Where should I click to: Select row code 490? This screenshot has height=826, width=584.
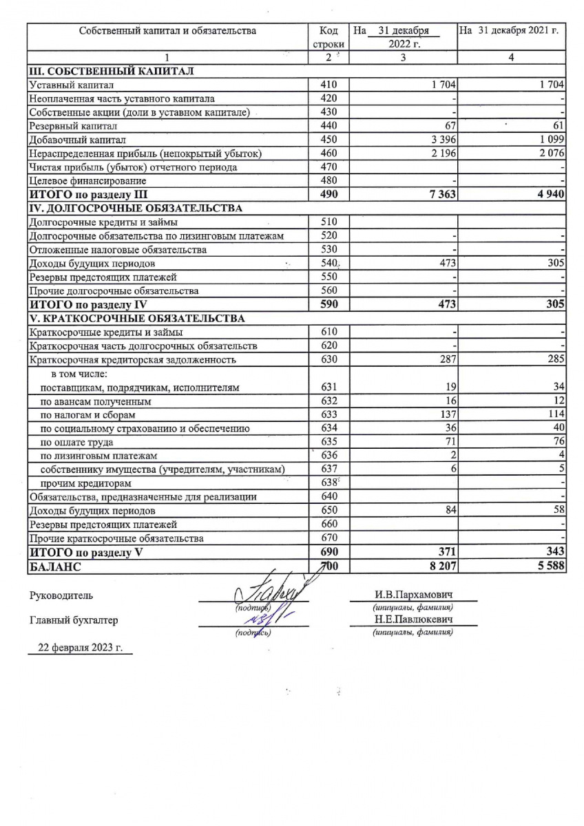[329, 194]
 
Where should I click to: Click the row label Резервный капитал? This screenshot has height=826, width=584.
[73, 126]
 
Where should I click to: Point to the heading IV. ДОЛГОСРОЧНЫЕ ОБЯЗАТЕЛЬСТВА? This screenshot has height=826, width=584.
[135, 208]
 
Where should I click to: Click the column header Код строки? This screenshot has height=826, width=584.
[329, 37]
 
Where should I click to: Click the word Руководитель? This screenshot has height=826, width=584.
[61, 595]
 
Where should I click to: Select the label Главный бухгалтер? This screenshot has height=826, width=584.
[73, 620]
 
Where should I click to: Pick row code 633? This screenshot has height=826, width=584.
[329, 415]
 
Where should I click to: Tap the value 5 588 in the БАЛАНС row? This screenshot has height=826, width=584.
[550, 566]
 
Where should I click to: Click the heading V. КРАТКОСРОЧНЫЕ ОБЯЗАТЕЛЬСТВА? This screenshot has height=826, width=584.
[136, 318]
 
